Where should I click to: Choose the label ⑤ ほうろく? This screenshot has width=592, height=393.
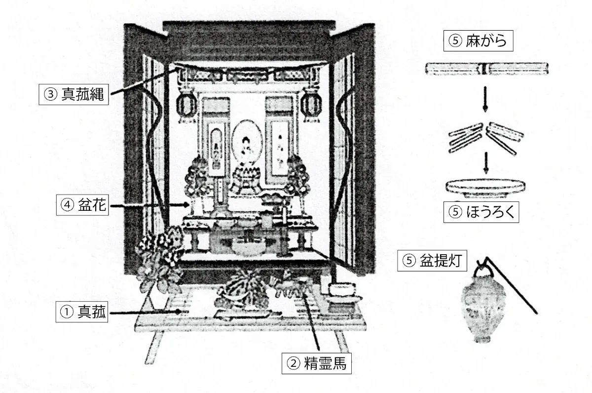coord(481,213)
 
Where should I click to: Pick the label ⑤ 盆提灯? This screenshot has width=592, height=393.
coord(432,261)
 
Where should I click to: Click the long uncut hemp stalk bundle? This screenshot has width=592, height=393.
coord(487,69)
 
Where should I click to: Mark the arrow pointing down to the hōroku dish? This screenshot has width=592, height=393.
coord(486,163)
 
